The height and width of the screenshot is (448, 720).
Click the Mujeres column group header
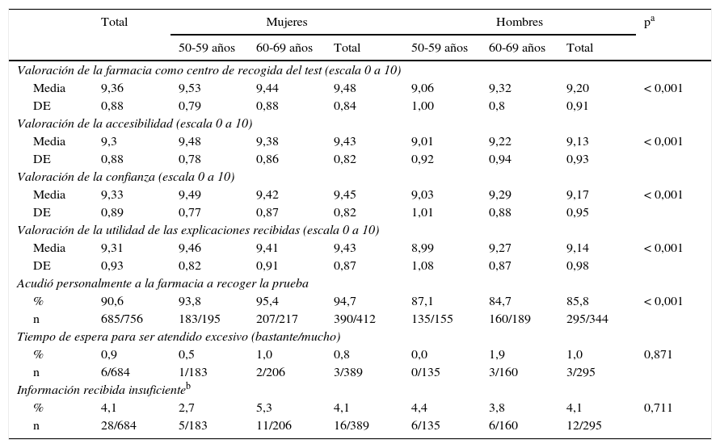click(x=286, y=22)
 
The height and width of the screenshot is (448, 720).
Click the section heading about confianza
click(x=126, y=177)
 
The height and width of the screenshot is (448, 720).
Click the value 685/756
click(x=120, y=319)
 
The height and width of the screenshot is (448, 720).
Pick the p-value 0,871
click(x=658, y=354)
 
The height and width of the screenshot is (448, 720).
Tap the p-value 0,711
click(x=658, y=408)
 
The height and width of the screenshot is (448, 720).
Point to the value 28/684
click(x=118, y=425)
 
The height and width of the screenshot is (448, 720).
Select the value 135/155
click(x=431, y=319)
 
